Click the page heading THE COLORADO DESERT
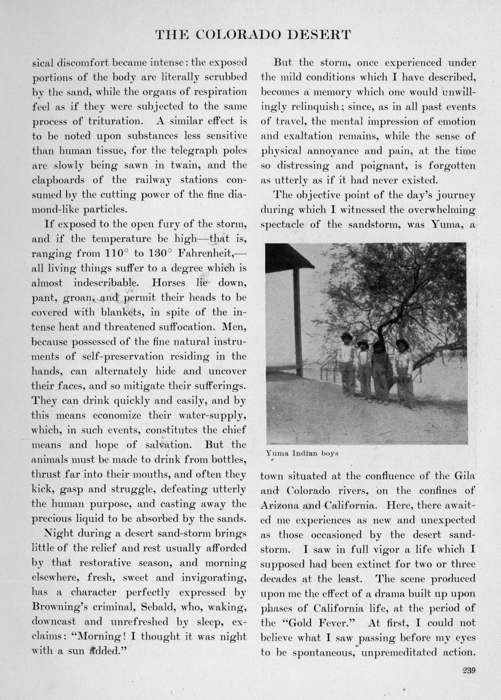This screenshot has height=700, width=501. [252, 35]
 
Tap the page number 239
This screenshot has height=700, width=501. [468, 671]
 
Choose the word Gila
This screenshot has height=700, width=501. [464, 476]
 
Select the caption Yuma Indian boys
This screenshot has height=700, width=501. [302, 453]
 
